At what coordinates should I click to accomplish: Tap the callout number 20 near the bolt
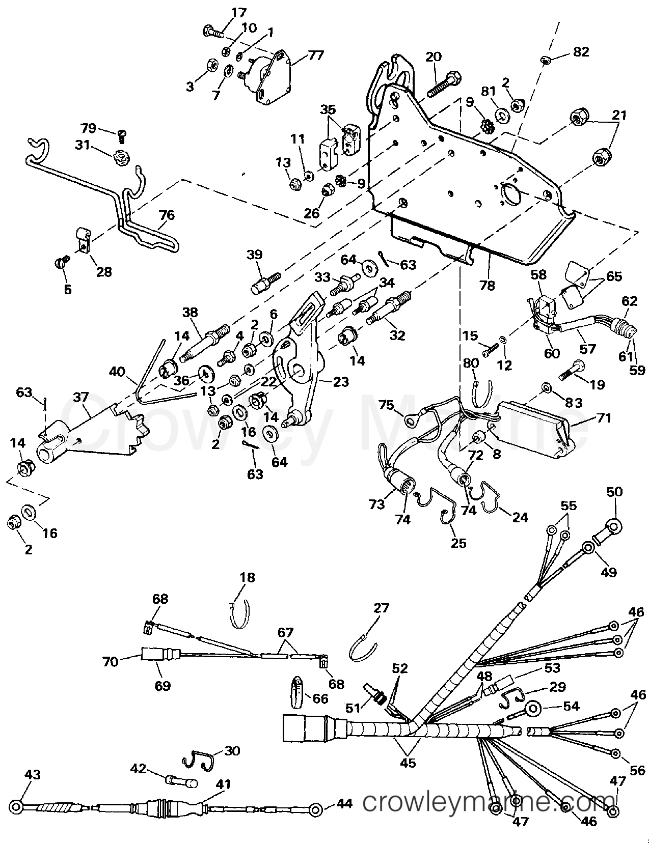coord(434,57)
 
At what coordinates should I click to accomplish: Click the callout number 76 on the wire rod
coord(167,215)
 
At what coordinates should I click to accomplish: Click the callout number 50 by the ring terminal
coord(615,492)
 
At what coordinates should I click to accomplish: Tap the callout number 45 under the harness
coord(408,763)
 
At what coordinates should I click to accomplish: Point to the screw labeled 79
coord(122,135)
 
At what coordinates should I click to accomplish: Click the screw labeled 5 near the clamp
coord(61,263)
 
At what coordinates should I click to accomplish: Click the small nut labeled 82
coord(545,61)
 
